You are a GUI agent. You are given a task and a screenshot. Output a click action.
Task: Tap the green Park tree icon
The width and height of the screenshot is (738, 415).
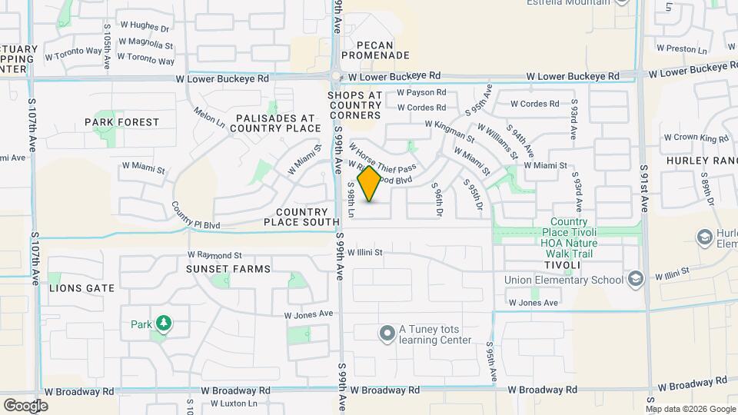[x=162, y=324]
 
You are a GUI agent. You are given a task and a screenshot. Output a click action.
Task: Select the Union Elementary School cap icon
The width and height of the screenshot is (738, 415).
[x=635, y=279]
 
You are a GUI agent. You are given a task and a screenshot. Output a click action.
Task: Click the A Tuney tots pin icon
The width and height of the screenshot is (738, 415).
[x=386, y=334]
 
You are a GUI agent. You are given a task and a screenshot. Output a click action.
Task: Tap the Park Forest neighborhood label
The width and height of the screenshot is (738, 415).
[x=121, y=122]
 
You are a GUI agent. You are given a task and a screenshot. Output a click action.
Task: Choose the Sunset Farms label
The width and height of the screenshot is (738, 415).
[x=228, y=269]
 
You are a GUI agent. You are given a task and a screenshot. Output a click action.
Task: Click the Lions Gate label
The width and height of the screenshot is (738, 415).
[x=81, y=288]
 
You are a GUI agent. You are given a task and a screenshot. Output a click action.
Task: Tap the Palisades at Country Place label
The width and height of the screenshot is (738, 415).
[x=276, y=123]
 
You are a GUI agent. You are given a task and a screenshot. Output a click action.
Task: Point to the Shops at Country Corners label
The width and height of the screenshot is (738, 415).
[x=354, y=105]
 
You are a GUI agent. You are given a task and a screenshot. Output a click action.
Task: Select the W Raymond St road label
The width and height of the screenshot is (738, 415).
[x=214, y=254]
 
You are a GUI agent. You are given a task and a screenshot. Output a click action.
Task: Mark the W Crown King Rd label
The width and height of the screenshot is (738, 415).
[x=696, y=138]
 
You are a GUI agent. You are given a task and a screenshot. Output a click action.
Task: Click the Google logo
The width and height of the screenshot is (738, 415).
[x=26, y=406]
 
